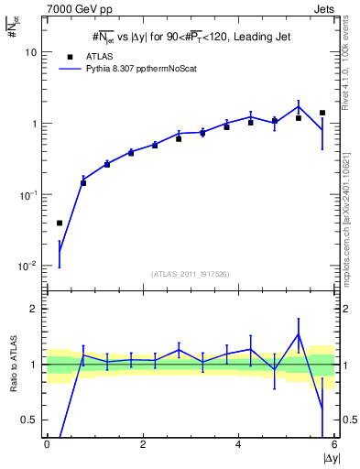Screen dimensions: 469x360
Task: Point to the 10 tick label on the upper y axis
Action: click(29, 52)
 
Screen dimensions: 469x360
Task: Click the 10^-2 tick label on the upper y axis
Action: click(27, 266)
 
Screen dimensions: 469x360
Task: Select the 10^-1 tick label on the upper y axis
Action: click(27, 195)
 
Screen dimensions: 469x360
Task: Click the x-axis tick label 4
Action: click(239, 444)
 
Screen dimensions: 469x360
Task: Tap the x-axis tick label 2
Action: click(143, 444)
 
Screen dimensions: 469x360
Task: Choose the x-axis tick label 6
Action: click(334, 444)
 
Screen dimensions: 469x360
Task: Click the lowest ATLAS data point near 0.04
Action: click(60, 223)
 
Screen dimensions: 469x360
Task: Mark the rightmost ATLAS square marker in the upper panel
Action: click(322, 113)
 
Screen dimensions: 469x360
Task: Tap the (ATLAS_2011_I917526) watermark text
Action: click(191, 273)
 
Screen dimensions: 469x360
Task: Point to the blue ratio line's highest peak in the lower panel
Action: click(299, 333)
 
